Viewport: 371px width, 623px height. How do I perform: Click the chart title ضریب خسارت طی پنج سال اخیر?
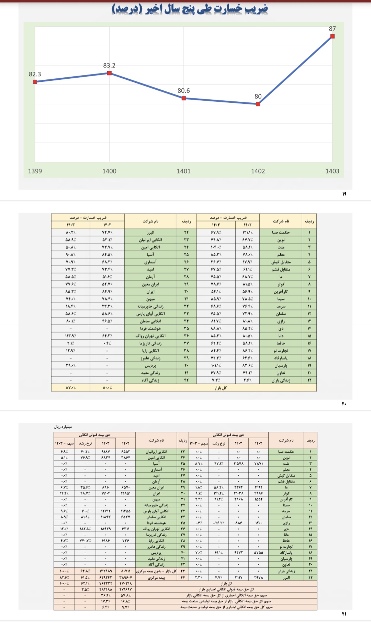click(190, 9)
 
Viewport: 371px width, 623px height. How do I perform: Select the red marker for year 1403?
click(332, 36)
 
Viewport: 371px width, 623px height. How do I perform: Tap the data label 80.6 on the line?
click(183, 91)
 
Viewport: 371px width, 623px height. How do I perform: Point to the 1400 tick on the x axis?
click(109, 171)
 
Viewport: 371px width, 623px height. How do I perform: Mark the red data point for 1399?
click(35, 82)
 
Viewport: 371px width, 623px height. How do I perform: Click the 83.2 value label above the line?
click(109, 66)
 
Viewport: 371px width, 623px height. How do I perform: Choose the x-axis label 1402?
click(258, 171)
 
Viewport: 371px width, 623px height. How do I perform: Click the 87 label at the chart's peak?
click(332, 29)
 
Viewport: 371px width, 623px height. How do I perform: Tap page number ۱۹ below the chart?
click(344, 194)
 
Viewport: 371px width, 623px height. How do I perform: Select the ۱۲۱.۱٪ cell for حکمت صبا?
click(247, 233)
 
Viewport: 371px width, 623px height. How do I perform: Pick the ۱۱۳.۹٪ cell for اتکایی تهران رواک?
click(71, 336)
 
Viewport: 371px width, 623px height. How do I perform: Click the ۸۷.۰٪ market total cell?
click(71, 388)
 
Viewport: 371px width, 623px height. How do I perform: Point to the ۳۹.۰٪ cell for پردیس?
click(71, 365)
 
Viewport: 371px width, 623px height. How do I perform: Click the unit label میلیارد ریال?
click(63, 427)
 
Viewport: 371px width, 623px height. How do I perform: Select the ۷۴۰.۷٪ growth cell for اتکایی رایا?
click(85, 541)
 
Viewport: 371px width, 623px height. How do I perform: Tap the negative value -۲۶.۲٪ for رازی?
click(219, 523)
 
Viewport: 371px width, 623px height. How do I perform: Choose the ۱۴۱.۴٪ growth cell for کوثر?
click(219, 493)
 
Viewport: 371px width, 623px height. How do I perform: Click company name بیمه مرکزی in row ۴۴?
click(157, 578)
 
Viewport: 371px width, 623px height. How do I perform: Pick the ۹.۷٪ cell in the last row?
click(125, 607)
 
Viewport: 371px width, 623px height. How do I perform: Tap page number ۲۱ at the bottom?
click(344, 614)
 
